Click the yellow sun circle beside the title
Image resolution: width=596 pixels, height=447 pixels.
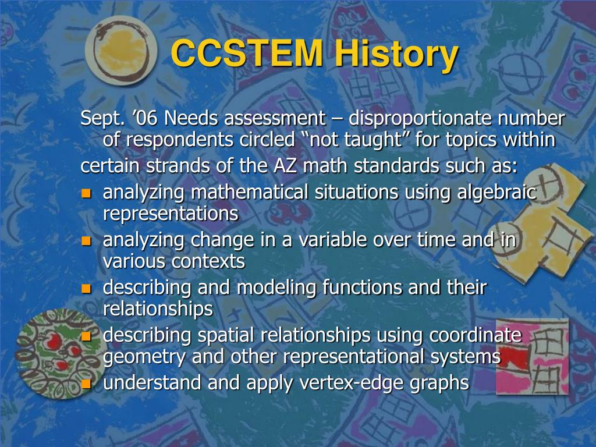121,51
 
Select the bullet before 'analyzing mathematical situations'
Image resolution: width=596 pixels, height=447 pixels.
87,193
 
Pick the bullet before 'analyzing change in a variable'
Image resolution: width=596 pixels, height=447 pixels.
87,240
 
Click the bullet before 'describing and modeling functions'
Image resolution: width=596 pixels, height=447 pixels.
87,288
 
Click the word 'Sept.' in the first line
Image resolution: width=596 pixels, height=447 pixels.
102,119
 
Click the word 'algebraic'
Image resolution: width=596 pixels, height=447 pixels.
497,193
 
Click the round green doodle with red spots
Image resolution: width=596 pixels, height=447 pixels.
56,354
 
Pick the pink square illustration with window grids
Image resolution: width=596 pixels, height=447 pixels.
532,357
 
